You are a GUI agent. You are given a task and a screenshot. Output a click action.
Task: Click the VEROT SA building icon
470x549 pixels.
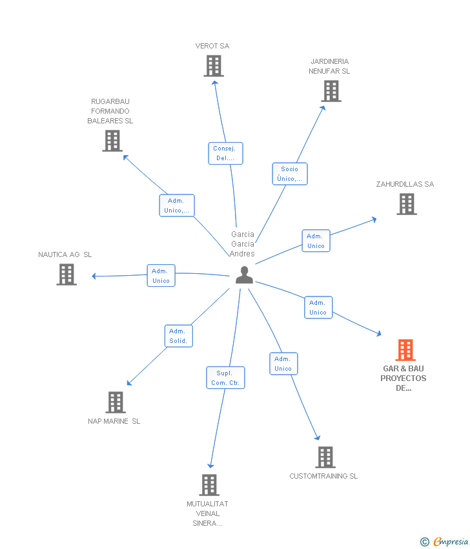point(213,66)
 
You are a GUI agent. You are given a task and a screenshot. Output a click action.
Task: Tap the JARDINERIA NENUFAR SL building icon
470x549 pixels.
point(331,91)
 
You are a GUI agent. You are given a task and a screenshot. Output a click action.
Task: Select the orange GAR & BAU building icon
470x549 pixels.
point(405,350)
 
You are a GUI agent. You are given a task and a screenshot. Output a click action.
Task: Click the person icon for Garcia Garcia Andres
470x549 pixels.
point(244,275)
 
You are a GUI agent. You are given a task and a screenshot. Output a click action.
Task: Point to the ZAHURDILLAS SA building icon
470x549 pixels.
point(406,204)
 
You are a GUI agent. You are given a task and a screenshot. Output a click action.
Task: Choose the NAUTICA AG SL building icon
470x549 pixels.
point(66,274)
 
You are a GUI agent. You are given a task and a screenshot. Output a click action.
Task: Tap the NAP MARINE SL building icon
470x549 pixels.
point(116,402)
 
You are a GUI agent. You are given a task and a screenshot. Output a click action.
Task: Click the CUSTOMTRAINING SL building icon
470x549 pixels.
point(325,457)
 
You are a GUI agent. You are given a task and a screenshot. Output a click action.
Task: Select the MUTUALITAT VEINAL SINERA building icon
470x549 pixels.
point(209,484)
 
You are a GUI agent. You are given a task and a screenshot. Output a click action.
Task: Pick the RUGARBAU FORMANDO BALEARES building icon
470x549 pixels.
point(112,141)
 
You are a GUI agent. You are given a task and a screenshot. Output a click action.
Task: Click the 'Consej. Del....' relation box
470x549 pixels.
point(225,154)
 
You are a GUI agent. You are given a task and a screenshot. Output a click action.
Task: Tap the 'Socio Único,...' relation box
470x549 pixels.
point(289,174)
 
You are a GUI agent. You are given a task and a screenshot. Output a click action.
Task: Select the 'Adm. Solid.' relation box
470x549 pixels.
point(178,336)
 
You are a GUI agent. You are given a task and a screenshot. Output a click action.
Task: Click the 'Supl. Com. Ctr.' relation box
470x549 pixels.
point(225,378)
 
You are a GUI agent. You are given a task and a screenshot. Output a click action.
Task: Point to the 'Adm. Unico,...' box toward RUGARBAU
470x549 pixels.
point(177,205)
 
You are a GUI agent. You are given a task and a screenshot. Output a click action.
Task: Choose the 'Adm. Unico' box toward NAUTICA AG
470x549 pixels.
point(161,276)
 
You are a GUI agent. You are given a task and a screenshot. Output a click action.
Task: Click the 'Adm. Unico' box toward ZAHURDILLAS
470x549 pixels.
point(316,241)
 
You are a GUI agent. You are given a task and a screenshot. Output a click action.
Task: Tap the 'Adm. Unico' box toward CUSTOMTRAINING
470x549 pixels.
point(283,364)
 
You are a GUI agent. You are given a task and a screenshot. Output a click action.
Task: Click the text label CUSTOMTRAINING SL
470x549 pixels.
point(323,476)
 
